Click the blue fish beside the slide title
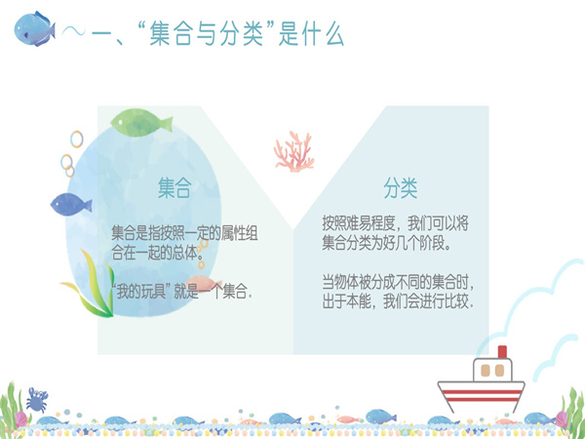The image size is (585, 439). [34, 29]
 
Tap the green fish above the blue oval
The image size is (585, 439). [141, 123]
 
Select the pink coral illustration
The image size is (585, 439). [294, 151]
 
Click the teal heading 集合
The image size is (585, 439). [175, 187]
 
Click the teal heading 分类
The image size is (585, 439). [401, 187]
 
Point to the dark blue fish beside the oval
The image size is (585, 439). [71, 204]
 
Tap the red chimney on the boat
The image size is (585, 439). [502, 351]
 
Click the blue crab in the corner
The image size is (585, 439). [37, 400]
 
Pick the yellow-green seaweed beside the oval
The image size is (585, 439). [91, 286]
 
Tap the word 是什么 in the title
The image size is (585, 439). [312, 34]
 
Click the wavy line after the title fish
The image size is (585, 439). [73, 30]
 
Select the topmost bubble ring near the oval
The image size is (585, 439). [76, 140]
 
